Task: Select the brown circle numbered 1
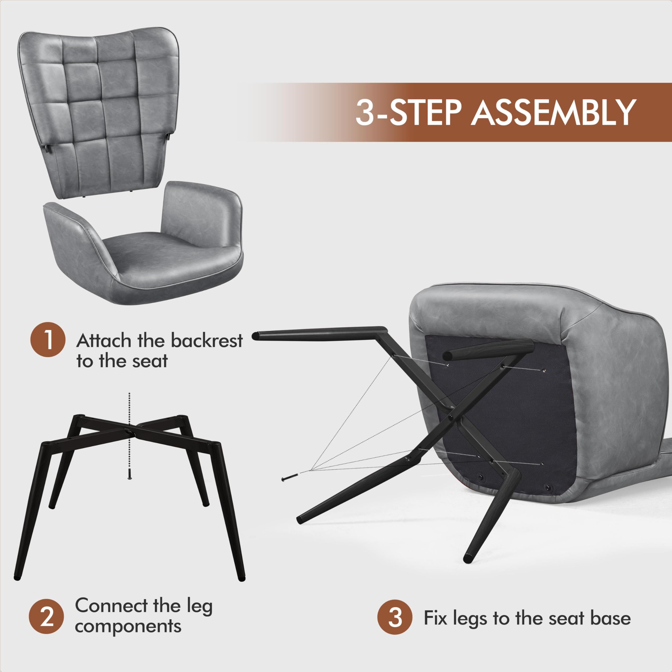(x=48, y=340)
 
